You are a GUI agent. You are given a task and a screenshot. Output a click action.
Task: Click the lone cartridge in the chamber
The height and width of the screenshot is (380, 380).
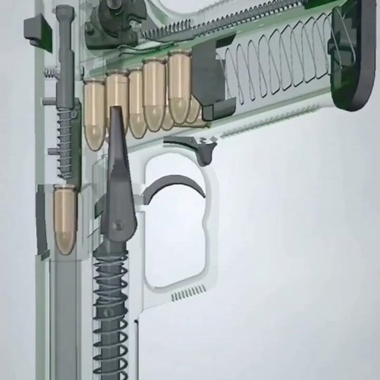(x=64, y=219)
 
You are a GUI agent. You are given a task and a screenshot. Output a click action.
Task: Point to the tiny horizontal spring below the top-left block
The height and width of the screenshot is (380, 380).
(x=49, y=72)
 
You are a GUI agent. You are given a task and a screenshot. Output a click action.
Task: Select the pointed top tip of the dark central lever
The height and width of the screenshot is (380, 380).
(x=115, y=113)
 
